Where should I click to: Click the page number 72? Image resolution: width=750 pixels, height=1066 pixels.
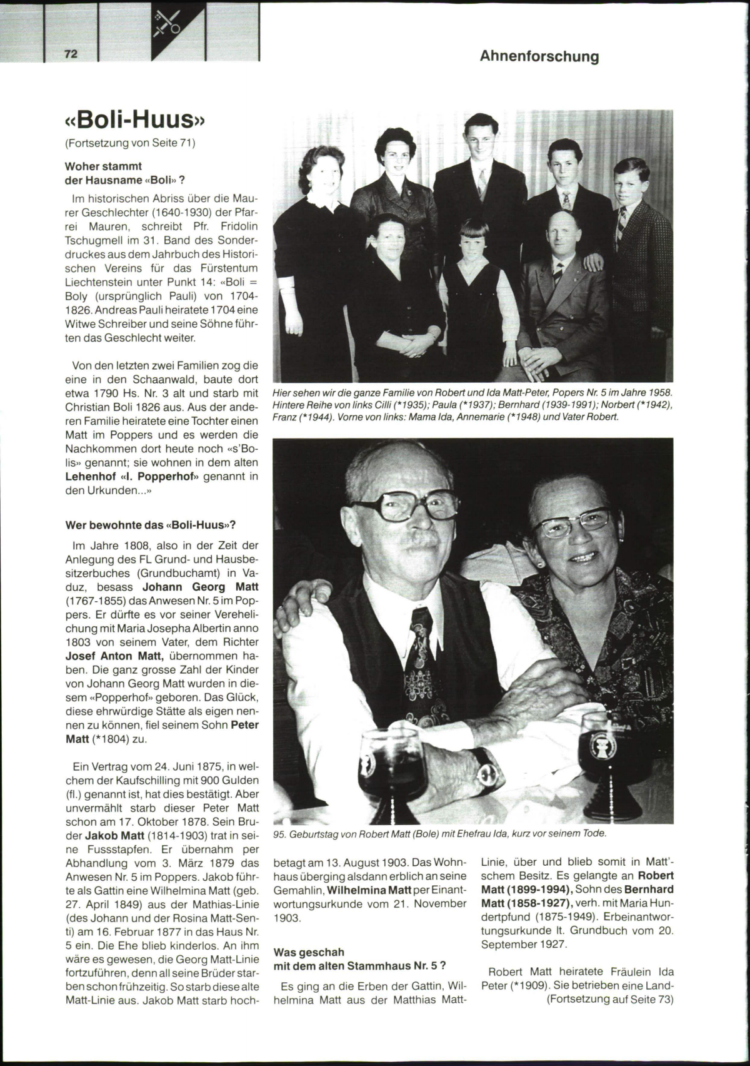[x=71, y=54]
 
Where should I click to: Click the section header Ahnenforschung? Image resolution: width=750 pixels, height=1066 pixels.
[x=539, y=56]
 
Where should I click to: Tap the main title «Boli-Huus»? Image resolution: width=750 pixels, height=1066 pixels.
[x=135, y=118]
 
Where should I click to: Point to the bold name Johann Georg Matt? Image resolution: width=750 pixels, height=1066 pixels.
[x=201, y=587]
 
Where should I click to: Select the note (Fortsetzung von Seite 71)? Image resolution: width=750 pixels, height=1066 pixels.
[x=131, y=143]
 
